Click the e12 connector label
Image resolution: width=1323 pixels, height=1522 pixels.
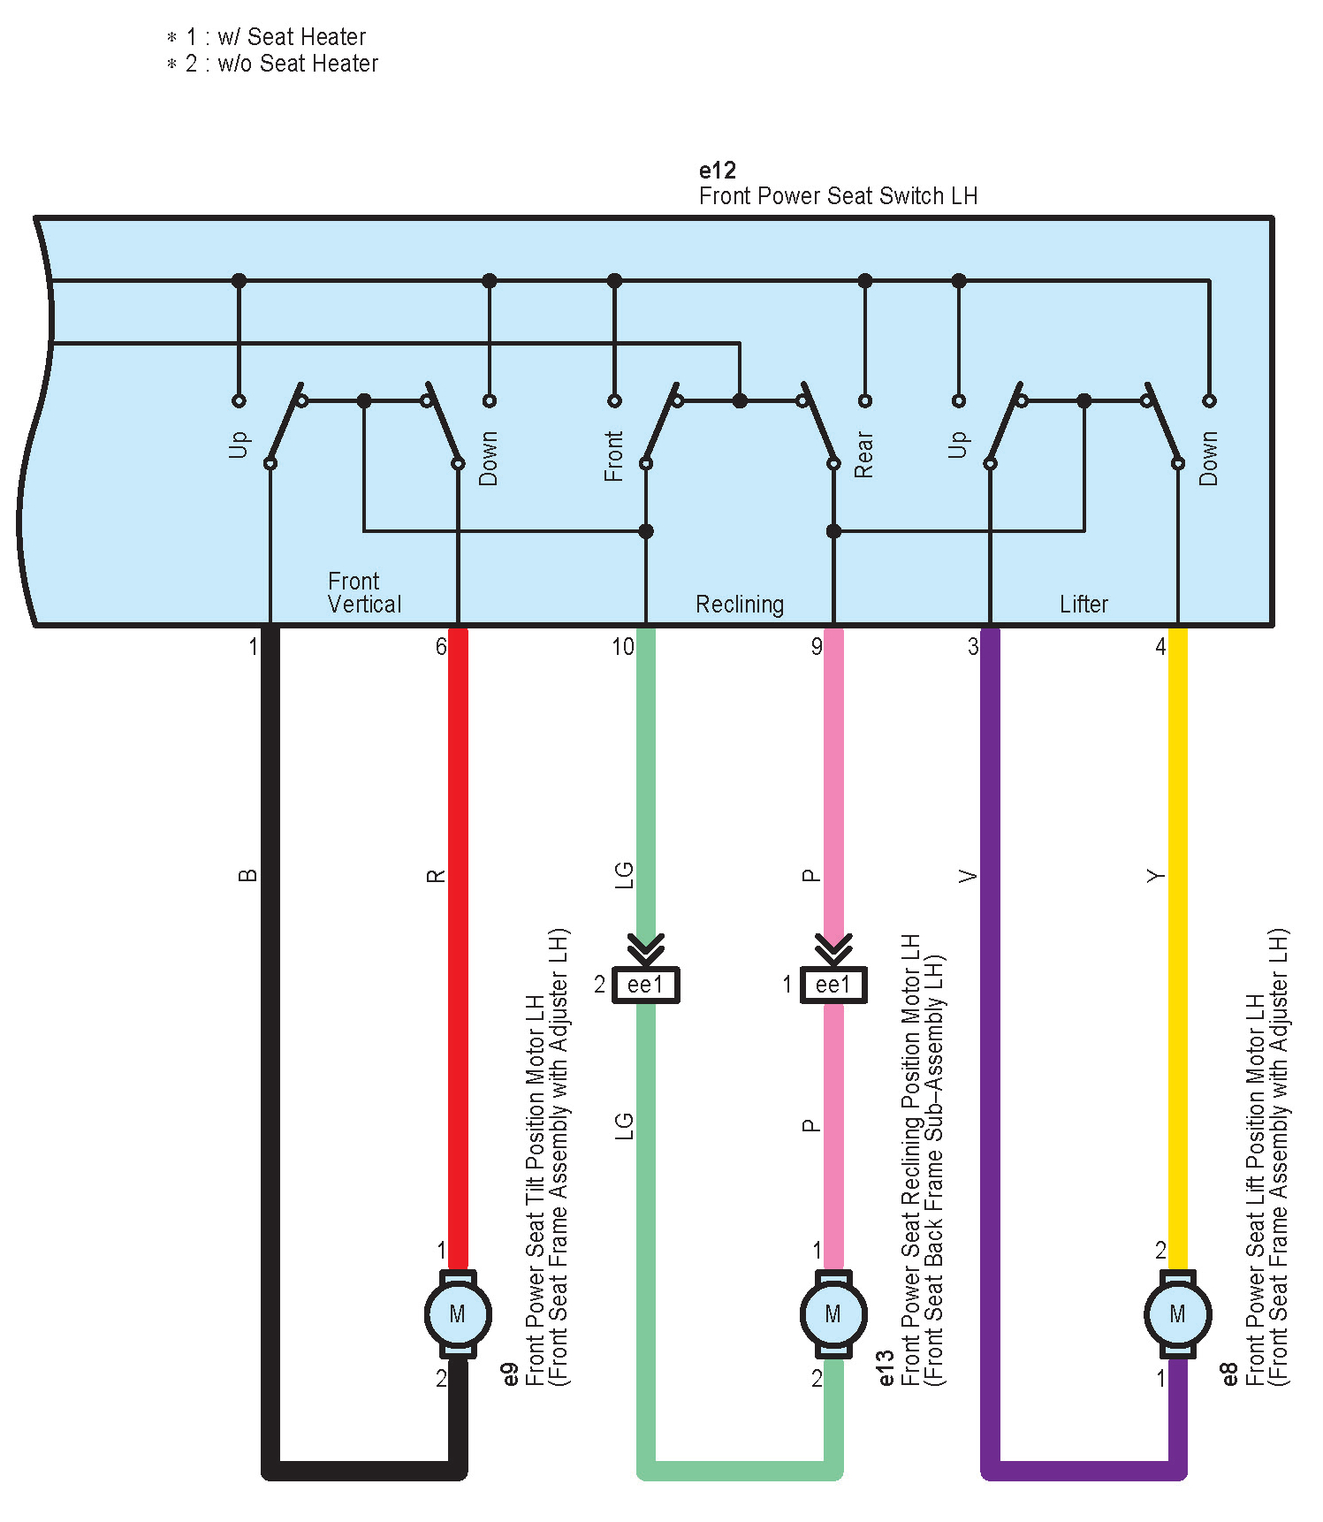click(x=717, y=170)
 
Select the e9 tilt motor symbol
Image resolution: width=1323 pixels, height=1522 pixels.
click(x=457, y=1313)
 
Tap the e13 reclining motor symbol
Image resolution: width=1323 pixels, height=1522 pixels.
click(x=833, y=1313)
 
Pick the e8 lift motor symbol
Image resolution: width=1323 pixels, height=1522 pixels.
click(x=1177, y=1313)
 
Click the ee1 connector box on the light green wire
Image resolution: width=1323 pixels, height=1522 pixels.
click(x=646, y=985)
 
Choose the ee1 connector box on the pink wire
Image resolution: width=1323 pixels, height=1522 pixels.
click(x=833, y=985)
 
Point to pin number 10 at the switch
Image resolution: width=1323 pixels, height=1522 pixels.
click(x=623, y=647)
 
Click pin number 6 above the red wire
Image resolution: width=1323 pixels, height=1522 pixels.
click(x=440, y=647)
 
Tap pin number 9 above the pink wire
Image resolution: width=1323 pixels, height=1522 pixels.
click(x=817, y=647)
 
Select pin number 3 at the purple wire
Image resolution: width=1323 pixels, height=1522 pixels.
click(x=972, y=647)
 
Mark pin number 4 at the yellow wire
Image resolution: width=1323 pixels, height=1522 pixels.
click(x=1160, y=647)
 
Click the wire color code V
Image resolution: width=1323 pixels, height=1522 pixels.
click(x=969, y=876)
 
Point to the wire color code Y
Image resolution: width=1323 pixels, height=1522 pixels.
click(x=1156, y=876)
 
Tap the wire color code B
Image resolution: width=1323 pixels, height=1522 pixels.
click(x=248, y=876)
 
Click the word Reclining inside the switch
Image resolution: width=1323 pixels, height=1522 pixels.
click(x=740, y=605)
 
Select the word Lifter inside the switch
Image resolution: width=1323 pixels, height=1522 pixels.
click(x=1083, y=605)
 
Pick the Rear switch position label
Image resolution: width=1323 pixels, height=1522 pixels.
click(x=863, y=455)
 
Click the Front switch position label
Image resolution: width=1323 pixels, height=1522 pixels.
click(x=613, y=456)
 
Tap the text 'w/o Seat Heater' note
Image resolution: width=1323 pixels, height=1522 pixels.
click(x=297, y=64)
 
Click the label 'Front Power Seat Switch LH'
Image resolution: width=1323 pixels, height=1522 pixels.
click(x=838, y=196)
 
